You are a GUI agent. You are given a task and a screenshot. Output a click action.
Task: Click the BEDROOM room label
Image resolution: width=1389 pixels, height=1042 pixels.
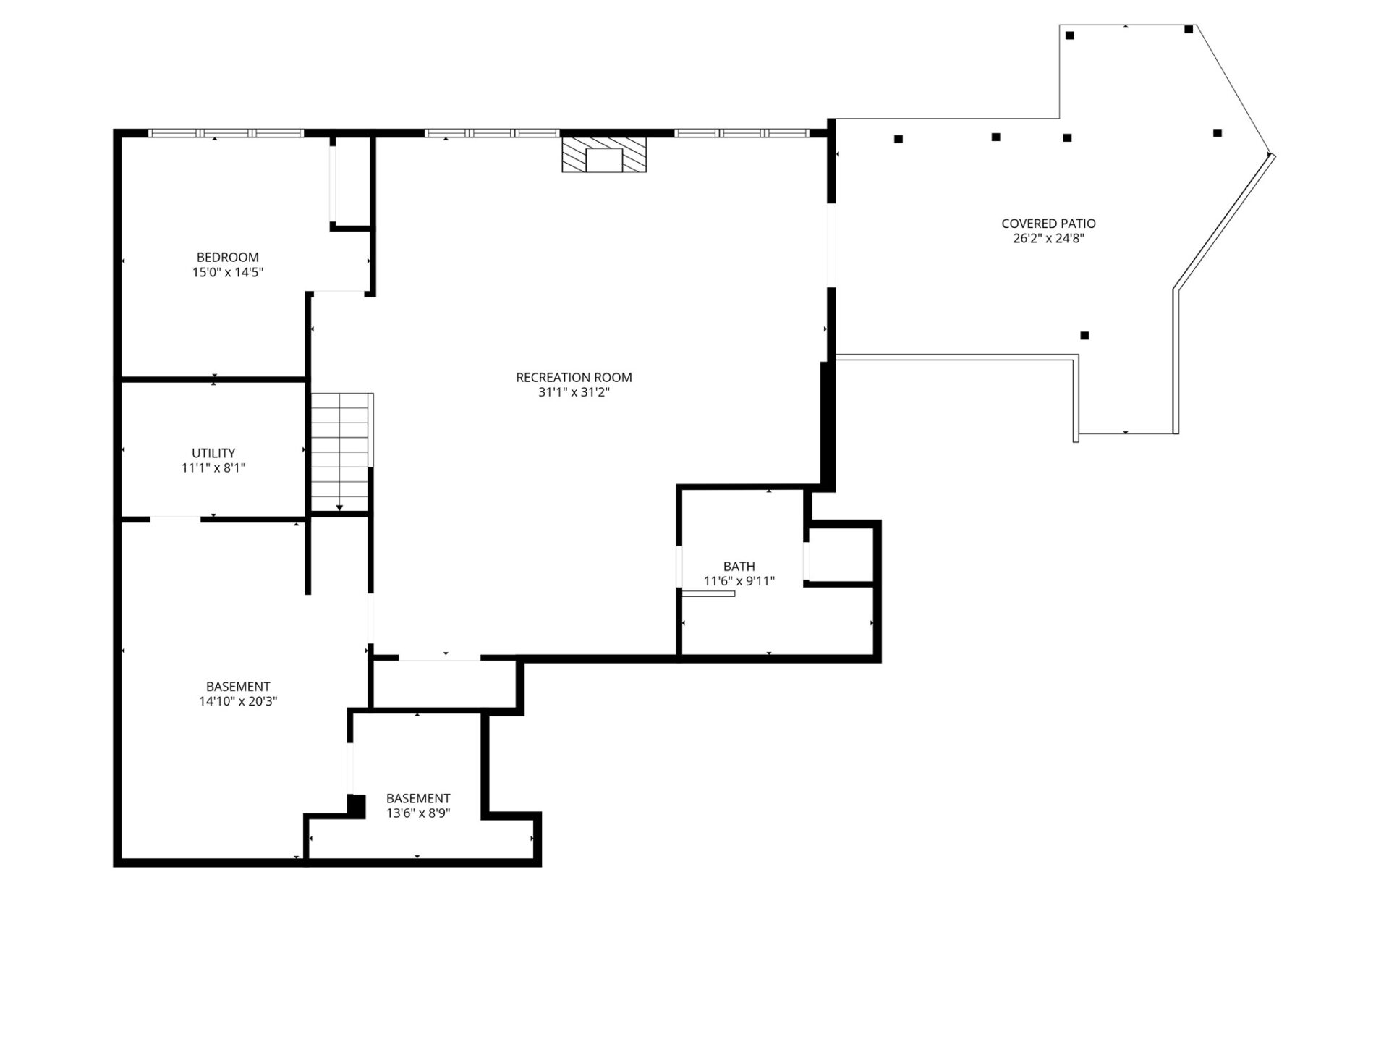[x=227, y=257]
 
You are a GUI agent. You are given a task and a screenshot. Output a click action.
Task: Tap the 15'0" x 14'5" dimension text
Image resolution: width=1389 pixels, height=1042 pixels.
[x=227, y=273]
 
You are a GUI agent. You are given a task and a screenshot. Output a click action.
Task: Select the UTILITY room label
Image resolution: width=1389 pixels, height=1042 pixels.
[x=213, y=453]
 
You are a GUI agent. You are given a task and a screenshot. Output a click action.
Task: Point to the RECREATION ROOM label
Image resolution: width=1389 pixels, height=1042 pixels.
[x=574, y=377]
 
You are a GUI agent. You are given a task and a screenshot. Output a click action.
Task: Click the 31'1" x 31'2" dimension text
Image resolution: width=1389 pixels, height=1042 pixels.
[x=574, y=392]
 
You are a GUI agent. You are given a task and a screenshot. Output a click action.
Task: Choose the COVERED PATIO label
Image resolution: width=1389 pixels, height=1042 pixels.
[x=1048, y=224]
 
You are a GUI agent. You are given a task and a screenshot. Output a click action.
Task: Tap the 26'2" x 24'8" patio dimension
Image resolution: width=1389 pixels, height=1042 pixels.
[x=1048, y=239]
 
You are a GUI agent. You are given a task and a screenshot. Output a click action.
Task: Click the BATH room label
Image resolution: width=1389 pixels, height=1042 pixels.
[x=739, y=566]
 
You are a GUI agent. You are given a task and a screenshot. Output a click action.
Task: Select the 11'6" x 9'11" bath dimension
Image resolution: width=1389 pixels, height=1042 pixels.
[x=739, y=581]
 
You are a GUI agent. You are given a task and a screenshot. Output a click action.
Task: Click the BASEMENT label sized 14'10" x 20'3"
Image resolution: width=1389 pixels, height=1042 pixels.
[x=238, y=686]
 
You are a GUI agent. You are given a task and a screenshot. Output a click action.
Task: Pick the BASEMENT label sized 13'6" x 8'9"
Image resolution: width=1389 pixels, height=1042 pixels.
[x=418, y=798]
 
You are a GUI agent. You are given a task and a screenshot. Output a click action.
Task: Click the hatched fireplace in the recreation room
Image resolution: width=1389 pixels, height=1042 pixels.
[x=604, y=155]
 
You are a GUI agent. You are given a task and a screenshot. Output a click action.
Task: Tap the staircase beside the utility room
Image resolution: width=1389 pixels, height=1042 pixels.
[x=340, y=452]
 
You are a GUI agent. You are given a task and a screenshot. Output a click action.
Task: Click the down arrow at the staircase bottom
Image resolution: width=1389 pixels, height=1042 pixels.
[x=339, y=508]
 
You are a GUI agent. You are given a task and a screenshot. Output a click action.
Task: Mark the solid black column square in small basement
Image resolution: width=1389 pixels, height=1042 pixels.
[x=356, y=805]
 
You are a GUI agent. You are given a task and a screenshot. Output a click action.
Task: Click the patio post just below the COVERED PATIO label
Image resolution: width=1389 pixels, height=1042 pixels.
[x=1084, y=336]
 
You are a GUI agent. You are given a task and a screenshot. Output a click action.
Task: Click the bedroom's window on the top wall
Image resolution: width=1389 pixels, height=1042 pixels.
[x=226, y=133]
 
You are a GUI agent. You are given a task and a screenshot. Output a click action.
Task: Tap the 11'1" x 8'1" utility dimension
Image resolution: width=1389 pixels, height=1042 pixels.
[x=213, y=468]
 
